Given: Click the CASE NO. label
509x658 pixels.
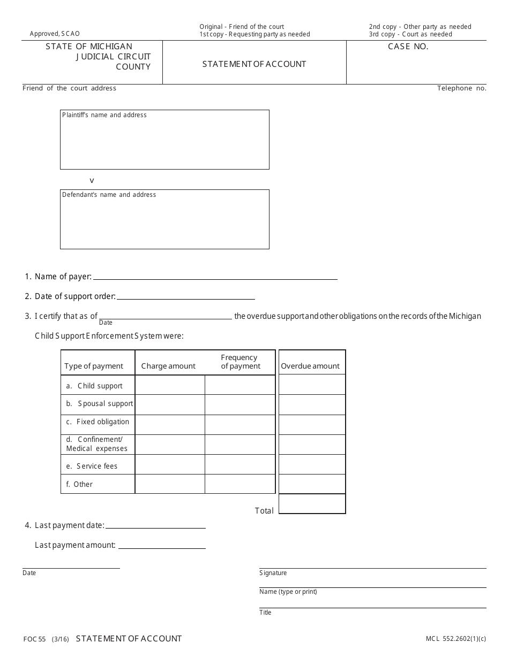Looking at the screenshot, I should coord(408,47).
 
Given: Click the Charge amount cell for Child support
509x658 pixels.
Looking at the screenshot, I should coord(170,385).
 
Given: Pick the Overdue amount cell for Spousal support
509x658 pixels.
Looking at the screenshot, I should coord(312,404).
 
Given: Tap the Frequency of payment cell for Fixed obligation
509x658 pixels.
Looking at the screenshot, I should coord(240,425).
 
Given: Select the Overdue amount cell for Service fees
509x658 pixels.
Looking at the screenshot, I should coord(312,464).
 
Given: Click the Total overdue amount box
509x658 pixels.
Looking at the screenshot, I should coord(312,504).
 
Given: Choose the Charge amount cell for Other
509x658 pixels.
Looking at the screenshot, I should coord(170,484).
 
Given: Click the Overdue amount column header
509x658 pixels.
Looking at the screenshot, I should coord(310,366).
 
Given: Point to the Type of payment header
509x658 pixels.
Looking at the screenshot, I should coord(94,366).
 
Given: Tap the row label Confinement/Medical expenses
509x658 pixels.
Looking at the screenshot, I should coord(96,444).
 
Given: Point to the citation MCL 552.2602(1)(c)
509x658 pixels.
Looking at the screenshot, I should coord(456,639).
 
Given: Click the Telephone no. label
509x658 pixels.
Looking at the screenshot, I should coord(461,88).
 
